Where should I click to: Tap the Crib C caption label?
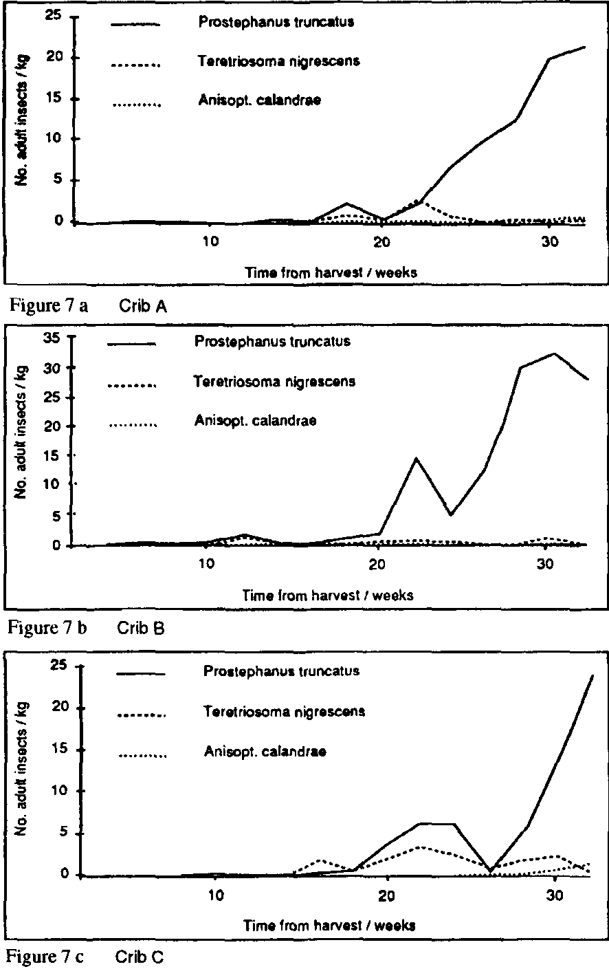pyautogui.click(x=140, y=956)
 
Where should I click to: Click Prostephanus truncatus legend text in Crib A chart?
pyautogui.click(x=276, y=21)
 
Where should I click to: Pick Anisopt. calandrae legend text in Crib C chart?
pyautogui.click(x=265, y=751)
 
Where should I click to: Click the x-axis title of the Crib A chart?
pyautogui.click(x=331, y=272)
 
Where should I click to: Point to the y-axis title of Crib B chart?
pyautogui.click(x=21, y=440)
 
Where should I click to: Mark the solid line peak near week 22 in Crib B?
pyautogui.click(x=415, y=458)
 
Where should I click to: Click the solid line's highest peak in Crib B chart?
pyautogui.click(x=554, y=353)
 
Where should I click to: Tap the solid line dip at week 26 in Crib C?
pyautogui.click(x=491, y=871)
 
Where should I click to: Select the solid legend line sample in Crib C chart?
pyautogui.click(x=141, y=675)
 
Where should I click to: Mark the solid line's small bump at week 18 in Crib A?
pyautogui.click(x=347, y=204)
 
